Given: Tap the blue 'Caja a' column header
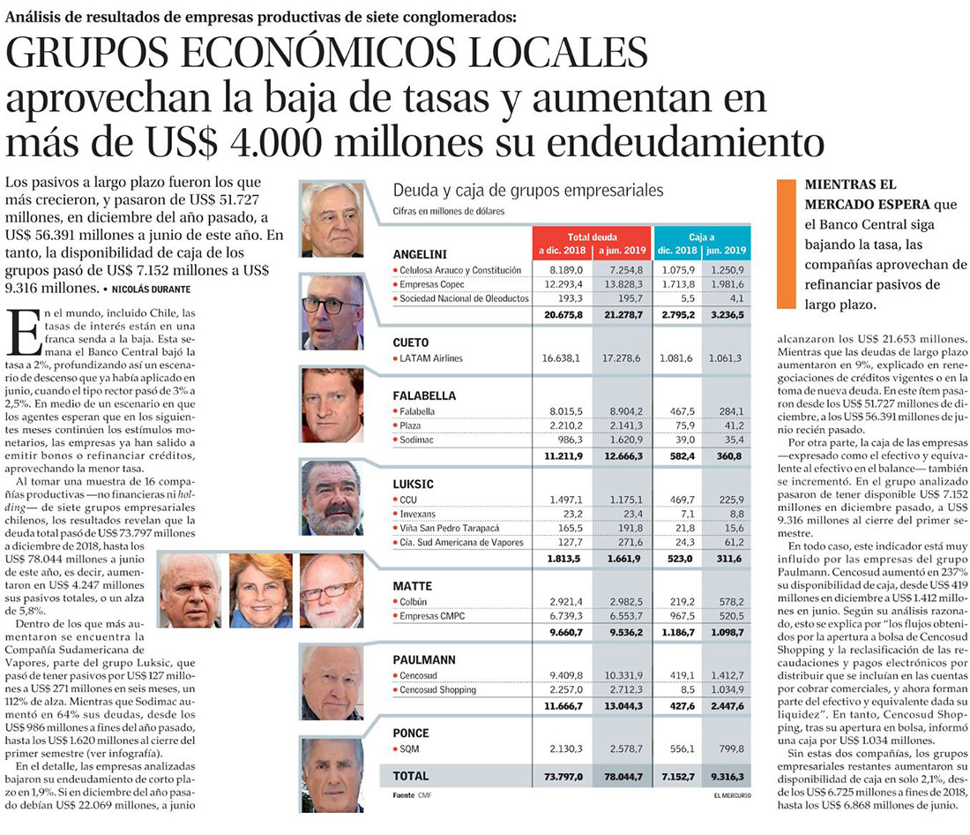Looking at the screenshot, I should pyautogui.click(x=701, y=237).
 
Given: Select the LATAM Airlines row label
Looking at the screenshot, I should pyautogui.click(x=430, y=358).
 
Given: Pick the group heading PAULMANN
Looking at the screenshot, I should pyautogui.click(x=423, y=658).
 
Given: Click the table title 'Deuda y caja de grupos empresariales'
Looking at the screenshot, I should pyautogui.click(x=528, y=190).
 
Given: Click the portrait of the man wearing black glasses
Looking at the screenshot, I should pyautogui.click(x=332, y=312).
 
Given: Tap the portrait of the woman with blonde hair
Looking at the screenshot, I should pyautogui.click(x=260, y=590).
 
